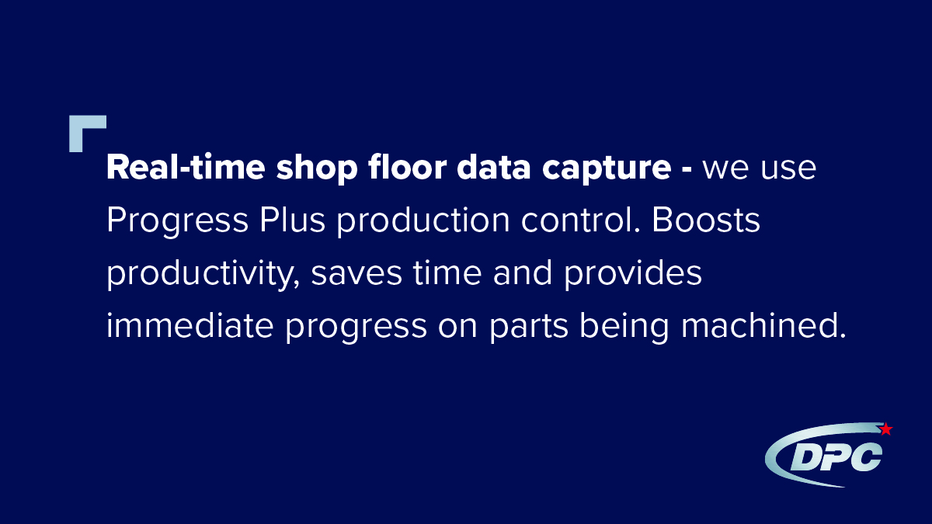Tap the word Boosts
click(x=706, y=221)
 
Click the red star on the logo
click(x=885, y=429)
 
